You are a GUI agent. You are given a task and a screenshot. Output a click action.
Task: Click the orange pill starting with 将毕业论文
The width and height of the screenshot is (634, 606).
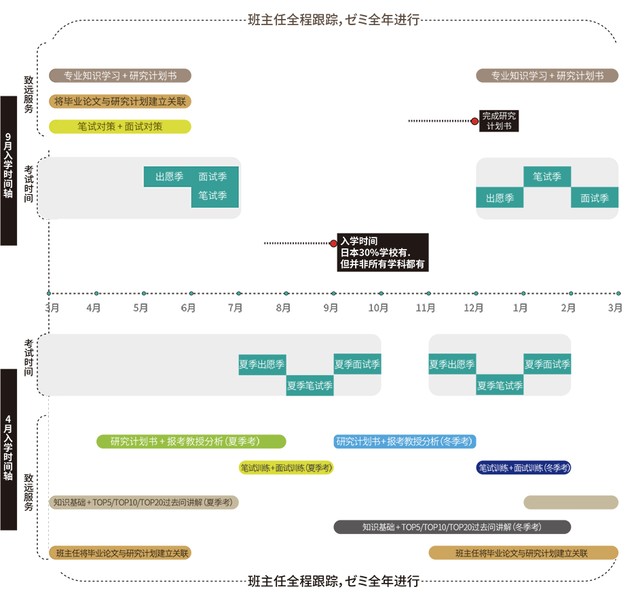tap(120, 101)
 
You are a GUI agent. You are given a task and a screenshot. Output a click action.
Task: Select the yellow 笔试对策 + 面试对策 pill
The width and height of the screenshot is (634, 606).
tap(120, 127)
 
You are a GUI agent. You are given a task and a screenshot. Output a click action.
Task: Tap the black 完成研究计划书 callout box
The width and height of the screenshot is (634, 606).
tap(499, 121)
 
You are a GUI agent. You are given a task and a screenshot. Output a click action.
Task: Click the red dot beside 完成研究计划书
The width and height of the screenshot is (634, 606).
tap(474, 121)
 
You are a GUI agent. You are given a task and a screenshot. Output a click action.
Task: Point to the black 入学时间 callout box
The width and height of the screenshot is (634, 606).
tap(383, 252)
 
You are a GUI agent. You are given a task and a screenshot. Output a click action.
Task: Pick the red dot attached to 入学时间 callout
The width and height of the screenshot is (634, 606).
tap(333, 243)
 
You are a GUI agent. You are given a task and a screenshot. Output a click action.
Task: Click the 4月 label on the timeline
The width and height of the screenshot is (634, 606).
tap(94, 308)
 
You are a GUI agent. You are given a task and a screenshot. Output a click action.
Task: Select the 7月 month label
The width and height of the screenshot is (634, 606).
tap(236, 308)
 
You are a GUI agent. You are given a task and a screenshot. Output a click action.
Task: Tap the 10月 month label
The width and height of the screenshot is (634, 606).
tap(378, 308)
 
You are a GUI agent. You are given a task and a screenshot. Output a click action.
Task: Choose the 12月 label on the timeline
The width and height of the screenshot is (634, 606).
tap(474, 308)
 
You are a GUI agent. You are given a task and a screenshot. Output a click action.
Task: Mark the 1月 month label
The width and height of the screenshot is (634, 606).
tap(521, 308)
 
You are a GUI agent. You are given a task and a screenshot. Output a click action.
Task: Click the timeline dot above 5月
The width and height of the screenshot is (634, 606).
tap(144, 294)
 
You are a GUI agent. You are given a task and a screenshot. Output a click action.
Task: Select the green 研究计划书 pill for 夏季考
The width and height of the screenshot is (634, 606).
tap(191, 442)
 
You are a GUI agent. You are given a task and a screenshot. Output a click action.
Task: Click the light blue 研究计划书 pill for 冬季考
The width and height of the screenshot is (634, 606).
tap(405, 442)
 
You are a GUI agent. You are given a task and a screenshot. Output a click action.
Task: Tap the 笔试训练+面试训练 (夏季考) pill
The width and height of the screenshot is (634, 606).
tap(286, 468)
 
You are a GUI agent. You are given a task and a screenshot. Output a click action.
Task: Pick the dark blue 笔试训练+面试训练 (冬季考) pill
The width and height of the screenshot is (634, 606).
tap(523, 468)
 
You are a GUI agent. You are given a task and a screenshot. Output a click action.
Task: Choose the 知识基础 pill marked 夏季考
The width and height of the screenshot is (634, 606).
tap(144, 502)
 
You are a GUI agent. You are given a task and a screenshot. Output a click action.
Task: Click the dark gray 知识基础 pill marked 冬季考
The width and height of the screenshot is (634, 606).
tap(452, 527)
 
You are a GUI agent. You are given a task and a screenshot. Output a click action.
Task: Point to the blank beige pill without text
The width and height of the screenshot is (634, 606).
tap(570, 502)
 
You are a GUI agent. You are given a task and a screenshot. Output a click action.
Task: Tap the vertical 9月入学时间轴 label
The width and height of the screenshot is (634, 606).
tap(8, 170)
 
